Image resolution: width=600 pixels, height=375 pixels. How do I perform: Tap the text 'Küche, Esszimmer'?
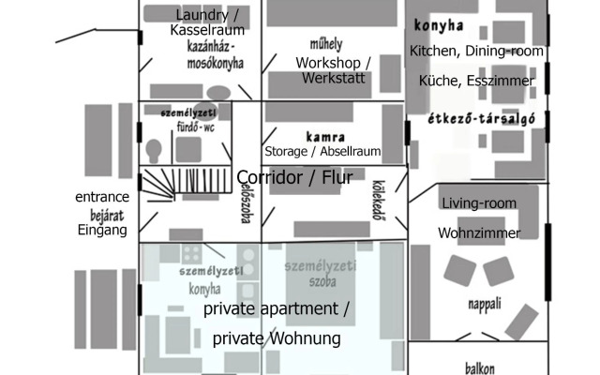click(476, 82)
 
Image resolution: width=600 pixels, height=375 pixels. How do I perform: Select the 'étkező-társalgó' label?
click(476, 119)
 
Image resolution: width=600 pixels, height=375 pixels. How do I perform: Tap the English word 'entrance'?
click(102, 197)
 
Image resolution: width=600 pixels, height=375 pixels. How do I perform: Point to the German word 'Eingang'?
click(101, 230)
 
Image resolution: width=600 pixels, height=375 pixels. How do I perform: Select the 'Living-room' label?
click(478, 202)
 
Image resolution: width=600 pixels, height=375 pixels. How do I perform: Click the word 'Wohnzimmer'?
click(478, 232)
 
